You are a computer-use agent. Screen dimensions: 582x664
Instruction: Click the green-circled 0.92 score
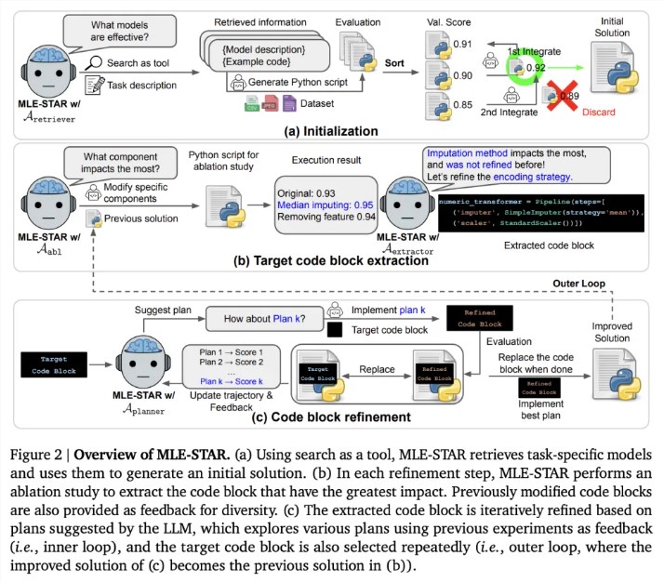(533, 67)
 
